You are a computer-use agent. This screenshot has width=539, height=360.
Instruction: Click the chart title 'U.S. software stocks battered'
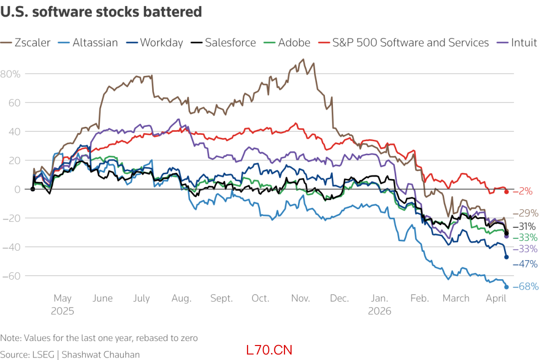(101, 12)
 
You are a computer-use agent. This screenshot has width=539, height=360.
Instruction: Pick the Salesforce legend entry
(223, 42)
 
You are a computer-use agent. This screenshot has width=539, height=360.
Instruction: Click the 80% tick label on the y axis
(10, 74)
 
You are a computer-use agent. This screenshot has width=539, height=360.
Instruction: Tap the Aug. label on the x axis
(182, 299)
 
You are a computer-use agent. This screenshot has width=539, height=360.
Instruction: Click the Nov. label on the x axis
(300, 299)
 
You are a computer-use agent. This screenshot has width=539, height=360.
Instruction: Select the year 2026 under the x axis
(380, 311)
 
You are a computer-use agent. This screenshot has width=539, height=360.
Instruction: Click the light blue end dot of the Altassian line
(507, 287)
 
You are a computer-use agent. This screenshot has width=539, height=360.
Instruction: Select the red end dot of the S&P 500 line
(507, 192)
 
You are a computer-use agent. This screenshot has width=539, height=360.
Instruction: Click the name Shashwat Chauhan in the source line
(101, 355)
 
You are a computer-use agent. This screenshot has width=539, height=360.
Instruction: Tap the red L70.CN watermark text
(269, 350)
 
